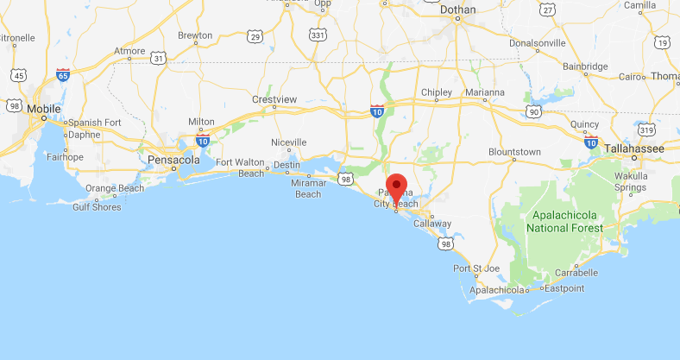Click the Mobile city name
point(44,109)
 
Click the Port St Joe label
point(477,268)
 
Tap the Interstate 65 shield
point(62,74)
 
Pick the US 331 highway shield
point(318,35)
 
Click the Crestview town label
point(274,100)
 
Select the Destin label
point(286,165)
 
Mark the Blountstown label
point(513,152)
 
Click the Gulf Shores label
point(98,207)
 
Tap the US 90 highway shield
point(535,111)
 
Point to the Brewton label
point(195,36)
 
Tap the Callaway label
point(432,224)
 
